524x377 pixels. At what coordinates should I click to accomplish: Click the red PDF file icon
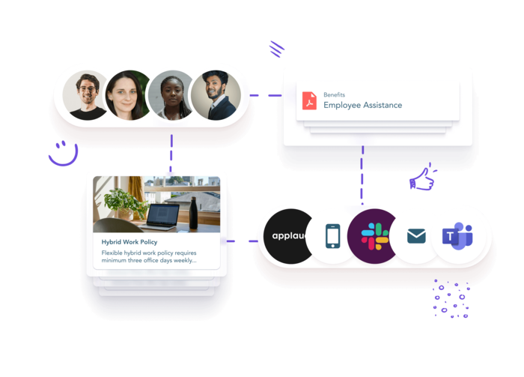click(x=309, y=100)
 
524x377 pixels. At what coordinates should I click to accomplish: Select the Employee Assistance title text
click(x=362, y=105)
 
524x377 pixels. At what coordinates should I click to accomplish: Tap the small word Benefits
click(x=334, y=94)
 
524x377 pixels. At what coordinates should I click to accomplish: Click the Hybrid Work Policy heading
click(x=130, y=242)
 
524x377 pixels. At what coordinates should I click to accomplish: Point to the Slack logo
click(x=374, y=237)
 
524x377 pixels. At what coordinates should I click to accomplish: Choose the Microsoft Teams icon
click(x=457, y=236)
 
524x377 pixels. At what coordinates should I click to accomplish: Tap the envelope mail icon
click(x=416, y=236)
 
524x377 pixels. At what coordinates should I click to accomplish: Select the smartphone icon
click(x=333, y=236)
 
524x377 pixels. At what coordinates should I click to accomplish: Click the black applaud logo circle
click(x=287, y=236)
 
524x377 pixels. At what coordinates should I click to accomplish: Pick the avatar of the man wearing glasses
click(x=85, y=95)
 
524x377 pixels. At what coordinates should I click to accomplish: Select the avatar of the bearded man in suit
click(x=216, y=95)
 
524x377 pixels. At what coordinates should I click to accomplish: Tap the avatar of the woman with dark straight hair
click(x=127, y=95)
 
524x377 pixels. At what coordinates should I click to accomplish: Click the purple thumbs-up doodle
click(x=422, y=178)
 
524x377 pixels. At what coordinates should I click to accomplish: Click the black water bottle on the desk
click(x=193, y=212)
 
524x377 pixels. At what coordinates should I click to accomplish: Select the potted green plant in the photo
click(x=124, y=203)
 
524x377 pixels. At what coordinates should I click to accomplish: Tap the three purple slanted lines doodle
click(x=277, y=49)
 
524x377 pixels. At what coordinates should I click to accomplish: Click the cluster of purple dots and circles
click(x=451, y=299)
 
